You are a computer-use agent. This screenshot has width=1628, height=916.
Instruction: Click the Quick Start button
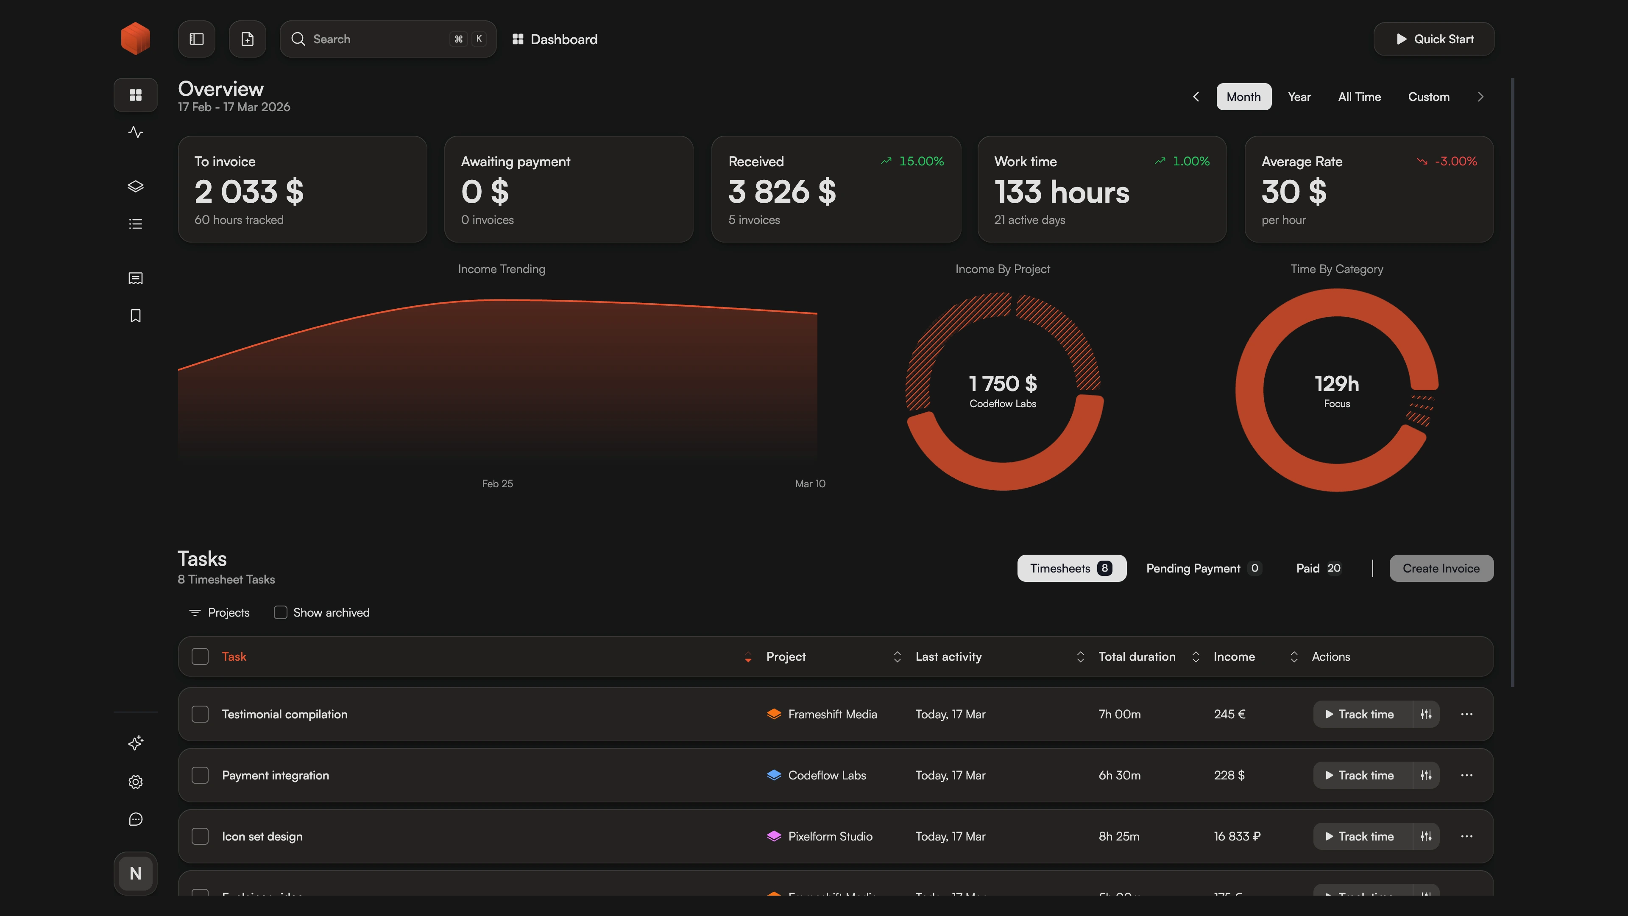click(1433, 39)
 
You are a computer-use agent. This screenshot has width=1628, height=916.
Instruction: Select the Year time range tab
click(1299, 97)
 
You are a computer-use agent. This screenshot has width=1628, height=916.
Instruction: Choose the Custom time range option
click(1428, 97)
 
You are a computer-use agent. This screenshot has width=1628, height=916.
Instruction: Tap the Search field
click(379, 39)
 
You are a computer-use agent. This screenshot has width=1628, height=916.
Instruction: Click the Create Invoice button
click(1441, 568)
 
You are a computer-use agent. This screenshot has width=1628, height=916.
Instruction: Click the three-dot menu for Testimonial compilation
click(1466, 714)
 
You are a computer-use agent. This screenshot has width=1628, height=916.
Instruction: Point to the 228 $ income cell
click(1229, 775)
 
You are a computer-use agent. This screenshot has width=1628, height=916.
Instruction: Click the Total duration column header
click(1136, 657)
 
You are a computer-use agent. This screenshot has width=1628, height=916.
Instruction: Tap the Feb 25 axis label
click(497, 483)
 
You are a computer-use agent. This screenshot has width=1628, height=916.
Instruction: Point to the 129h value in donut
click(1337, 384)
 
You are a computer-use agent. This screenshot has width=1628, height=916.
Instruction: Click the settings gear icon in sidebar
click(135, 782)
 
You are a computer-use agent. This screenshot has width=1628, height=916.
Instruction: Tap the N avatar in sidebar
click(135, 874)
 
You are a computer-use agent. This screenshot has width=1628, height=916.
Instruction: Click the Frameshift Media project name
click(832, 714)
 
